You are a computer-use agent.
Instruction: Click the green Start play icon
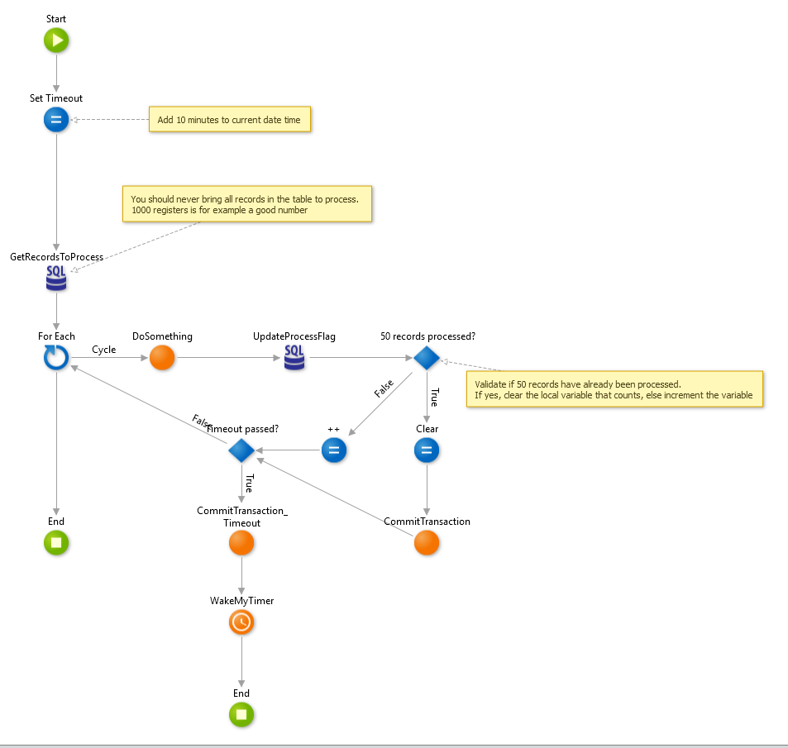56,40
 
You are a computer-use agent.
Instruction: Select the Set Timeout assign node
56,120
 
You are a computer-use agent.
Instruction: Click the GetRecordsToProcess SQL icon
56,279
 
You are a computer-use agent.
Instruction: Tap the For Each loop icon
56,358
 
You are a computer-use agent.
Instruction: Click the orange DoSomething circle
162,358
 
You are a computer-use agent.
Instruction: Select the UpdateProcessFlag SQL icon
294,358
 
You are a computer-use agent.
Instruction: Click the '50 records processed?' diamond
427,358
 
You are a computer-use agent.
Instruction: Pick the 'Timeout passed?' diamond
241,450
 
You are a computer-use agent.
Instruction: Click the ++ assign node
334,450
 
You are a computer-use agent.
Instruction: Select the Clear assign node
427,450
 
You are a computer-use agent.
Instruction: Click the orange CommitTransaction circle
427,543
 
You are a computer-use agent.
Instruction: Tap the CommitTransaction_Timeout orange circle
241,543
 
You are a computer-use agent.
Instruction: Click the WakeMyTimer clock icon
241,622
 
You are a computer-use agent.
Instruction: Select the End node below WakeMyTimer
241,715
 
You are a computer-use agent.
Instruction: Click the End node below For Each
56,543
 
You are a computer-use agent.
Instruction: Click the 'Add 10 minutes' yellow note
230,120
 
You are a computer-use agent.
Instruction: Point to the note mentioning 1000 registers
246,204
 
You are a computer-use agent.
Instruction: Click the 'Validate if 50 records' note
614,389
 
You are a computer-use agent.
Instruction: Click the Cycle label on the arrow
103,350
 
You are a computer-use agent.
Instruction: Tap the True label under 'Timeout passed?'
249,484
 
